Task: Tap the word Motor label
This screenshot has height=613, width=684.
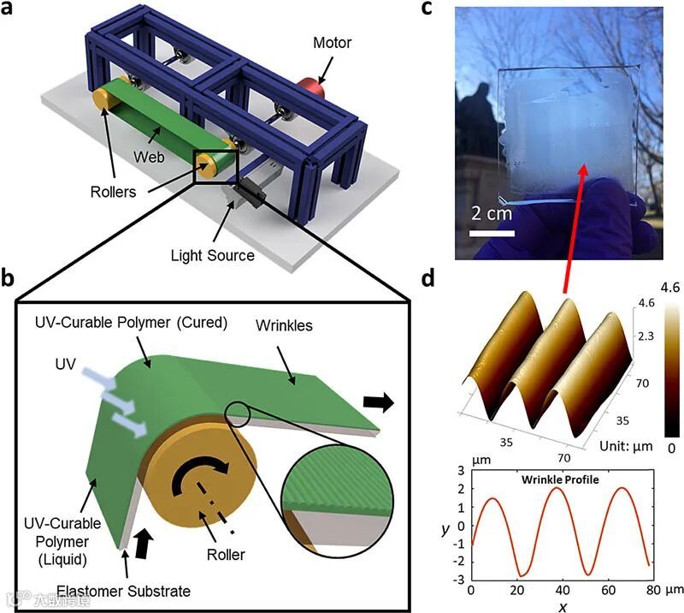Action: [x=331, y=42]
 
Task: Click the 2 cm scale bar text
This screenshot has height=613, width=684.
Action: [x=491, y=211]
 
